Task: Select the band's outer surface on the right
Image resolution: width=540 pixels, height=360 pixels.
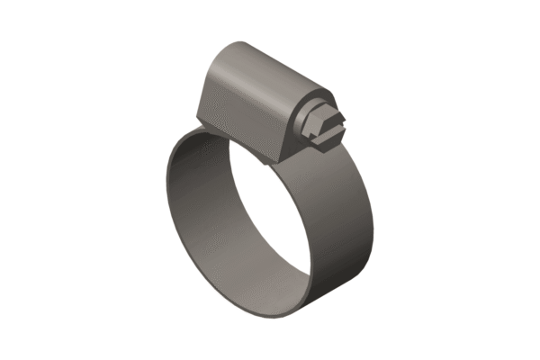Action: pyautogui.click(x=346, y=225)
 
